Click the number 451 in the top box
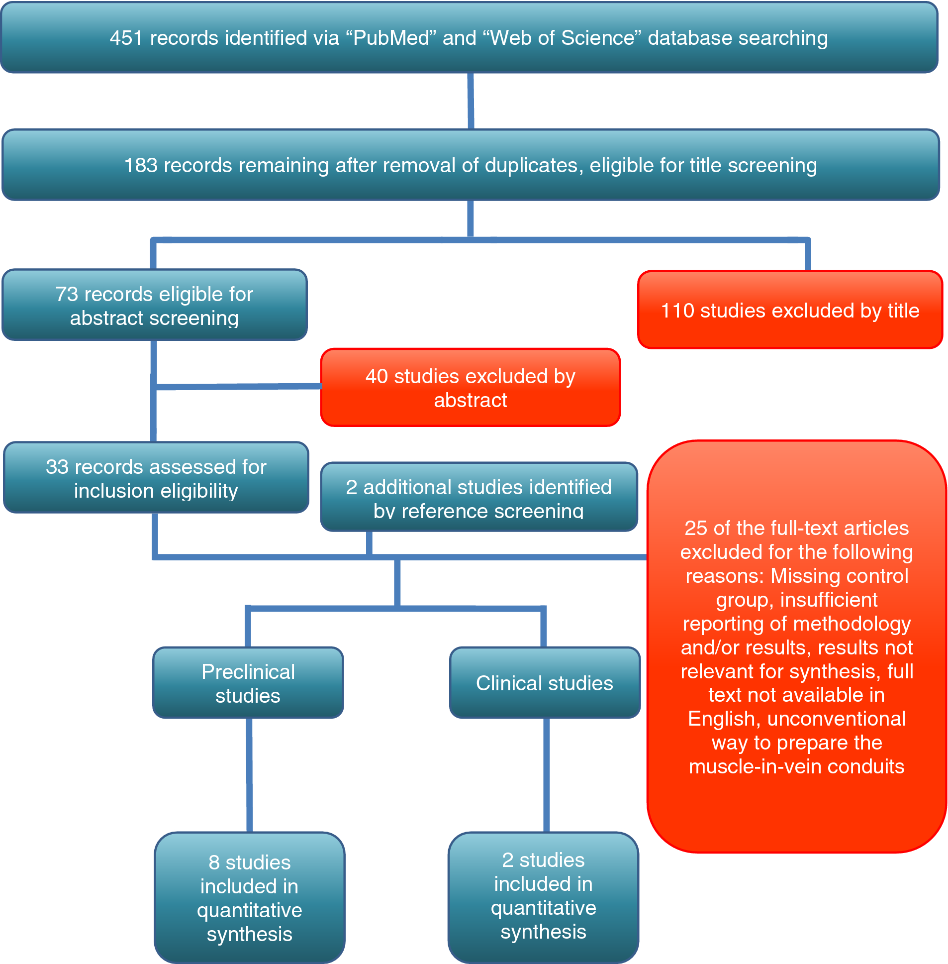(126, 38)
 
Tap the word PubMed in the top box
(391, 38)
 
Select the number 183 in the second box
(141, 165)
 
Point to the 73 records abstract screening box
(154, 305)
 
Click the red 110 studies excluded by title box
(790, 310)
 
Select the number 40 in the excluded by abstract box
(377, 376)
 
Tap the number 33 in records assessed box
(57, 467)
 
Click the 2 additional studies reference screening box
(478, 497)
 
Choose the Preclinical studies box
(248, 682)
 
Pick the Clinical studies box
(544, 682)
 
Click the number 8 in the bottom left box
(214, 862)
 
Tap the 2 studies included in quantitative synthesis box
(543, 896)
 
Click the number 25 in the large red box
(695, 528)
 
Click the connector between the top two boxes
(471, 101)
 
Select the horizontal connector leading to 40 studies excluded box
(239, 386)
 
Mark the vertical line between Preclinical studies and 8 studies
(249, 775)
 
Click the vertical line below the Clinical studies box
(546, 775)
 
